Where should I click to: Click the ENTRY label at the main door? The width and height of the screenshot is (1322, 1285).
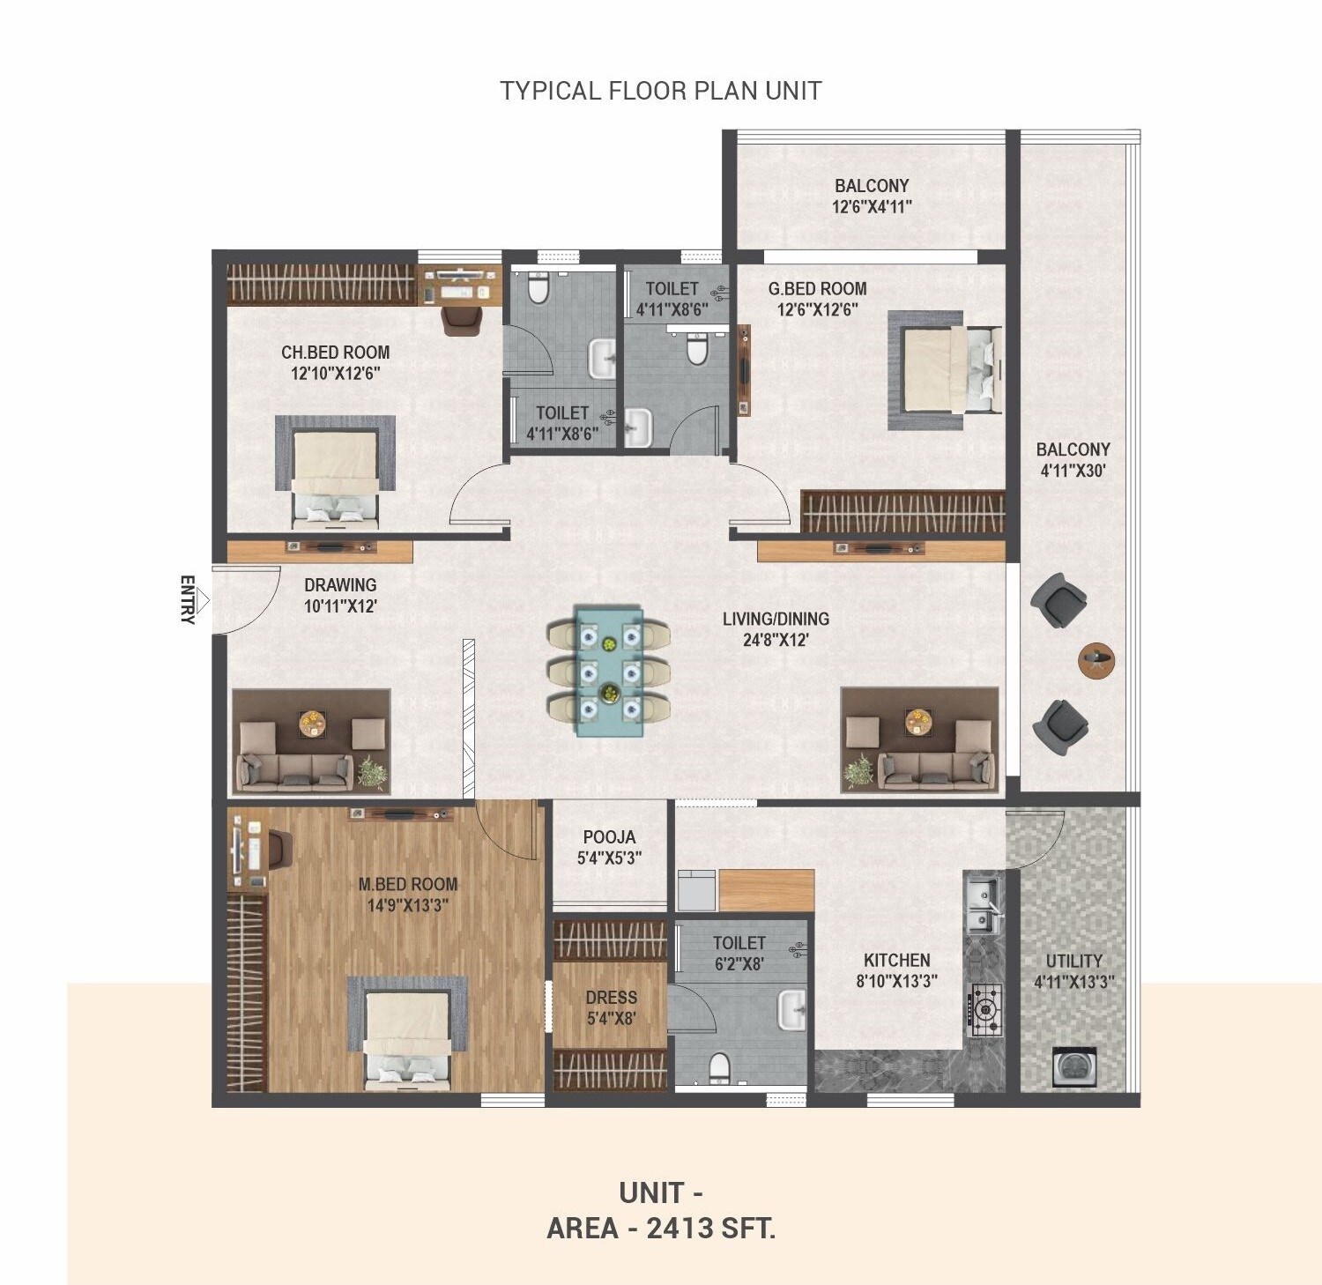187,600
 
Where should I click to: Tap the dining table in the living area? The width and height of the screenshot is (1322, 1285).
608,670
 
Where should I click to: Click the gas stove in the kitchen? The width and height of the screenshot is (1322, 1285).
985,1007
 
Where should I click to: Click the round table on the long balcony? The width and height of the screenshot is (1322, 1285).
1096,659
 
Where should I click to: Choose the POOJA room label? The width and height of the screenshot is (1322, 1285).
609,837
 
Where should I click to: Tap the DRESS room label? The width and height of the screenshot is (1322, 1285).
611,998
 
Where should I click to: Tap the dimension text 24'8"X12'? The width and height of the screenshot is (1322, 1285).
776,641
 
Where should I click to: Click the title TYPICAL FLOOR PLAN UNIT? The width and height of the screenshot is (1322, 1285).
661,91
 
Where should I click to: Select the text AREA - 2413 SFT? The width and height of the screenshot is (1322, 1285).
661,1228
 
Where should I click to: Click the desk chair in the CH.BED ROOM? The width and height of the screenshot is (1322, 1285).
462,320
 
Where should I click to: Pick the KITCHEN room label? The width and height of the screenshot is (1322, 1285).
896,961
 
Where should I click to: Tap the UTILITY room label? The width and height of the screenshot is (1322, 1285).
1073,961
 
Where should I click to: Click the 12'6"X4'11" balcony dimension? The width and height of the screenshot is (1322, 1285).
872,207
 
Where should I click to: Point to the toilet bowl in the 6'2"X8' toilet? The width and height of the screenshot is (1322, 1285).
720,1067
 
